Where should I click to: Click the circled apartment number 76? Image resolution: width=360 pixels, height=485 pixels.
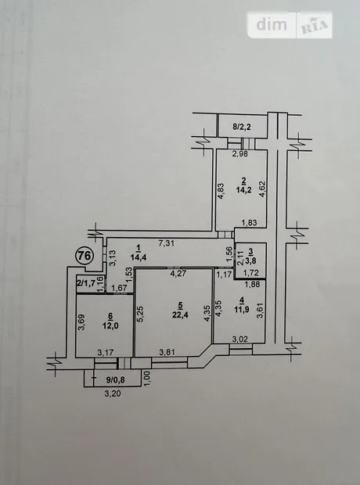[x=85, y=256]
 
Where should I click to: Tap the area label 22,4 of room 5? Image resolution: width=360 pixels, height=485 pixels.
[x=181, y=315]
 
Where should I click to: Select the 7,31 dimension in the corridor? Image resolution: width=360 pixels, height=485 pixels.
[x=167, y=243]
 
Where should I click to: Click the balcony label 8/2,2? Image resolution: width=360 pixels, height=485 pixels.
[x=242, y=127]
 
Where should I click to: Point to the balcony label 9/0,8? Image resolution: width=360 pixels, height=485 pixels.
[x=116, y=379]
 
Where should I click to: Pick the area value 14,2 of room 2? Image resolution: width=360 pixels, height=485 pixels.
[x=244, y=190]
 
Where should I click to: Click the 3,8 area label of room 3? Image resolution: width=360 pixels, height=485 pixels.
[x=250, y=261]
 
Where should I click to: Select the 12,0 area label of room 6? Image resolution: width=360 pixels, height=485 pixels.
[x=110, y=325]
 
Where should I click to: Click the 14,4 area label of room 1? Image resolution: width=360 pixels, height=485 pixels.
[x=138, y=257]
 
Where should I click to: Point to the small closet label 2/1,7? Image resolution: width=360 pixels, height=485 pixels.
[x=86, y=282]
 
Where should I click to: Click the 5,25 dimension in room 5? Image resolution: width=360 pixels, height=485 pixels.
[x=140, y=314]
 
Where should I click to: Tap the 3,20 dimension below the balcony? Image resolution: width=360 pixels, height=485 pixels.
[x=113, y=393]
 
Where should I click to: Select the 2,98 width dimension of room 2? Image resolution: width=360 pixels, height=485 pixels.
[x=240, y=154]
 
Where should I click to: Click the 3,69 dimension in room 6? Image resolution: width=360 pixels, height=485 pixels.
[x=81, y=322]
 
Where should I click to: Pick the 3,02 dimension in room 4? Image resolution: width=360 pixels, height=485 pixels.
[x=240, y=339]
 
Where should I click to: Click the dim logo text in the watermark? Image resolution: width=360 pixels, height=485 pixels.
[x=272, y=24]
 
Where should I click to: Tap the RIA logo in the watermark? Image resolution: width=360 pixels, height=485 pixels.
[x=314, y=26]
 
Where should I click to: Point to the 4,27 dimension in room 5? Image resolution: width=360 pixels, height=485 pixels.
[x=178, y=274]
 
